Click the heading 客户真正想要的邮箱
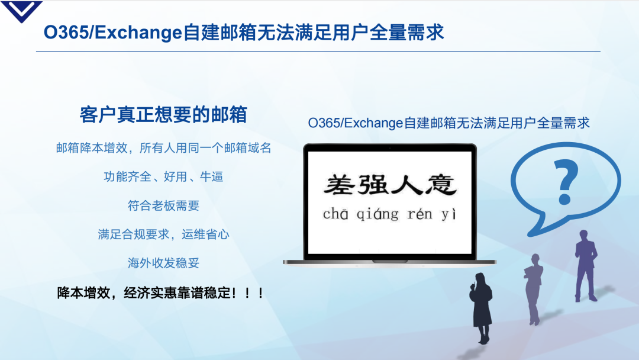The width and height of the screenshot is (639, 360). (163, 114)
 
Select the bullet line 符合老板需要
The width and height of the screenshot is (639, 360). (163, 205)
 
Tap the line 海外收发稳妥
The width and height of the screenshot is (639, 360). (163, 263)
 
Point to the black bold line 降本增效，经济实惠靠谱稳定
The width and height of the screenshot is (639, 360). (160, 292)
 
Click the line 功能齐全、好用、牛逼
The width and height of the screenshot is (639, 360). (163, 176)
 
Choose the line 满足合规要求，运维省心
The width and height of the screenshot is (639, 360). (163, 234)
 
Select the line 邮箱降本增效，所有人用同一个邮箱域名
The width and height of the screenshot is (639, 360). (163, 148)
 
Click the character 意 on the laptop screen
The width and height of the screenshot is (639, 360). (441, 185)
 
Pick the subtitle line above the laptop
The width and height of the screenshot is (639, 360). (448, 123)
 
